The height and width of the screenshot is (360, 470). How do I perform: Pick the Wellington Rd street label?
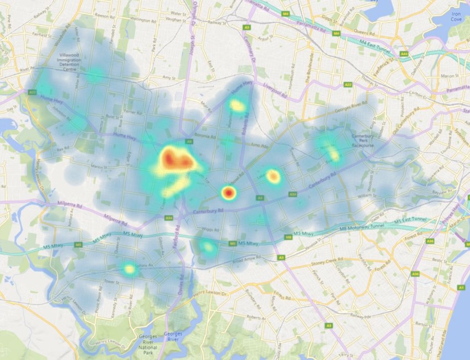pos(128,19)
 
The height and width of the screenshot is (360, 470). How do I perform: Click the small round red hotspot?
pos(228,193)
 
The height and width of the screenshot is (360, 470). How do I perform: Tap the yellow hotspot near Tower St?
pos(129,269)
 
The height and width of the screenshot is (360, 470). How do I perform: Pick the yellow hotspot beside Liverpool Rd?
pos(237,104)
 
